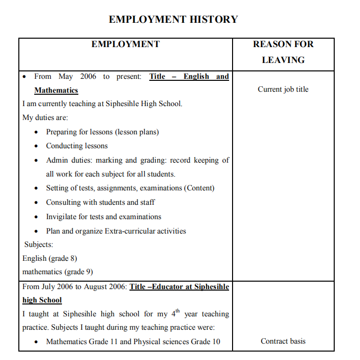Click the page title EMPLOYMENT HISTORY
pyautogui.click(x=173, y=19)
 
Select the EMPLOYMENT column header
pyautogui.click(x=125, y=44)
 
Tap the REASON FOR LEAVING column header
pyautogui.click(x=283, y=52)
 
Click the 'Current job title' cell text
pyautogui.click(x=283, y=89)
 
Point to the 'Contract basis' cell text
pyautogui.click(x=283, y=341)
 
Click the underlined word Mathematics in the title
pyautogui.click(x=56, y=90)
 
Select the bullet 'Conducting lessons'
pyautogui.click(x=77, y=146)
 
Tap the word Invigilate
pyautogui.click(x=62, y=217)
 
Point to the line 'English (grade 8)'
pyautogui.click(x=50, y=258)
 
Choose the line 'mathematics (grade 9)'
pyautogui.click(x=58, y=272)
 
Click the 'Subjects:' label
pyautogui.click(x=39, y=244)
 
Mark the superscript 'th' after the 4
pyautogui.click(x=178, y=311)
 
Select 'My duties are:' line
pyautogui.click(x=45, y=118)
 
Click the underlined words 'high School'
pyautogui.click(x=42, y=300)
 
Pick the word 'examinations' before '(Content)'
pyautogui.click(x=161, y=188)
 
